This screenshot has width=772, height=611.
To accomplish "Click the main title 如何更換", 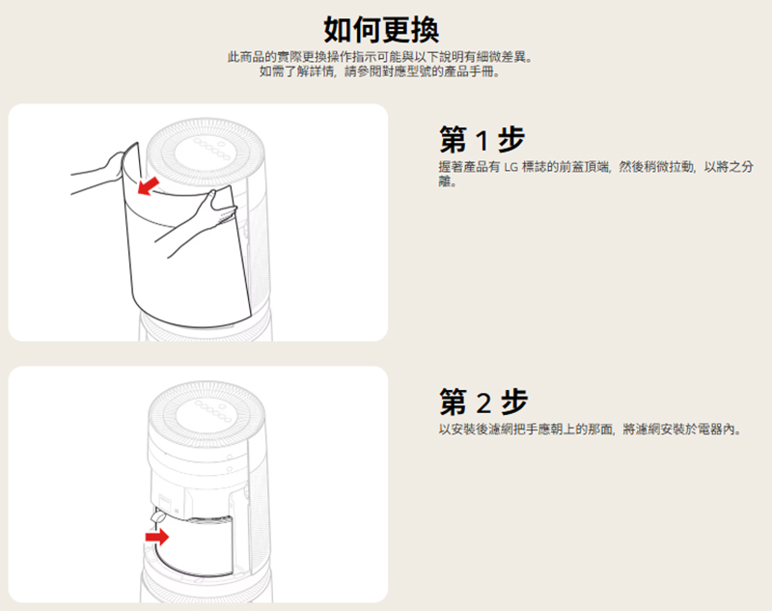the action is tap(381, 30).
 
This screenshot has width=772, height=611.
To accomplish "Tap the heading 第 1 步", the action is tap(482, 139).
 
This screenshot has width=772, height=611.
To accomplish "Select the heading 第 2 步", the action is tap(483, 402).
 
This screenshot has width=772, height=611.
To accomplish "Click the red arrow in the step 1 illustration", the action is tap(149, 186).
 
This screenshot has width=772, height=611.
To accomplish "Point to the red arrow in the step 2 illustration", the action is tap(157, 536).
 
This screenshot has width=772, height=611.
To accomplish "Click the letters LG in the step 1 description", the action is tap(511, 167).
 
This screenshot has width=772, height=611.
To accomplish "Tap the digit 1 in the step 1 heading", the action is tap(483, 140).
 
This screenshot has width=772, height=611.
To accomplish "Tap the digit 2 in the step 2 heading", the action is tap(484, 403).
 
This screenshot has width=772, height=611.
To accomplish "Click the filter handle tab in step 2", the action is tap(158, 517).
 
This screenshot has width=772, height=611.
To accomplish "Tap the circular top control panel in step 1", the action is tap(206, 149).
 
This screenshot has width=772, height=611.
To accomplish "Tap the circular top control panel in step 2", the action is tap(207, 411).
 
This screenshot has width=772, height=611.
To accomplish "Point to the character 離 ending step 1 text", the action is tap(445, 181).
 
